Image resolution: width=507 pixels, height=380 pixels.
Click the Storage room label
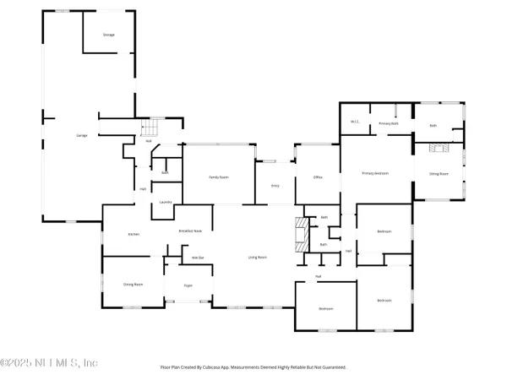108,35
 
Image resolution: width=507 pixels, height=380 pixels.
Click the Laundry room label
166,203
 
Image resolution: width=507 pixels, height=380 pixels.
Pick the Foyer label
188,286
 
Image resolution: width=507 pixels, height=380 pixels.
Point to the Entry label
275,185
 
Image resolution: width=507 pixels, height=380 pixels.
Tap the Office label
318,176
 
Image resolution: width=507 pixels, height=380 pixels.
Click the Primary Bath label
388,123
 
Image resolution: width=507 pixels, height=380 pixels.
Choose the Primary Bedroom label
375,173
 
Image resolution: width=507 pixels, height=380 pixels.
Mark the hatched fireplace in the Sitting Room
437,148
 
